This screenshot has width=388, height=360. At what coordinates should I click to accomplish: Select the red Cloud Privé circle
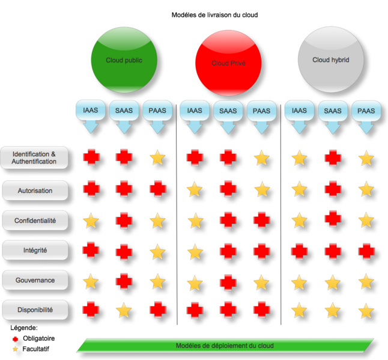point(228,63)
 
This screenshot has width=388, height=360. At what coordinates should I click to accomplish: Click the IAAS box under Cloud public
point(90,111)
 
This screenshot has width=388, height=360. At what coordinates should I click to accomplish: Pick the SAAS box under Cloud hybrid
point(333,111)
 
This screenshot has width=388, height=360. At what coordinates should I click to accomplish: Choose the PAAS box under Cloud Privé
point(262,111)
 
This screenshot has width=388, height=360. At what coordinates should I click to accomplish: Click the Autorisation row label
point(35,191)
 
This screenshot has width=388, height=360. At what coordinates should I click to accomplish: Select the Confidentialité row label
point(35,221)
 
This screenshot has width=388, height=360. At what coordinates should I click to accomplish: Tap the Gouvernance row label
point(35,280)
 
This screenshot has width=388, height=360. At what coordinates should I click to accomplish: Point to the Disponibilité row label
point(35,310)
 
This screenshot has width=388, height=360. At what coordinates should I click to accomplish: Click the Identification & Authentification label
point(35,157)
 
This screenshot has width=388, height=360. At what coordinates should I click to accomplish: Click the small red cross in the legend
point(15,339)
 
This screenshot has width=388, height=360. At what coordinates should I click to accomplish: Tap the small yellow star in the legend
point(15,349)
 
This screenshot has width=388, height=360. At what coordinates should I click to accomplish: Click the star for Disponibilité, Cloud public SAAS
point(124,310)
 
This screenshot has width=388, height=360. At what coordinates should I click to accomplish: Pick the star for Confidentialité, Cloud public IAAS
point(91,221)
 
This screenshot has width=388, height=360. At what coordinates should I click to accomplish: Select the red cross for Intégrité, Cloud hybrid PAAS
point(366,251)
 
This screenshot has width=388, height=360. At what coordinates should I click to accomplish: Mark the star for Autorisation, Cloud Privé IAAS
point(195,191)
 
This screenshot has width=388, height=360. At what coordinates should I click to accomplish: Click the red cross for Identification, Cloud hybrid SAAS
point(333,158)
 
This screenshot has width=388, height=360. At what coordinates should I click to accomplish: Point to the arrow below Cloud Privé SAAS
point(228,127)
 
